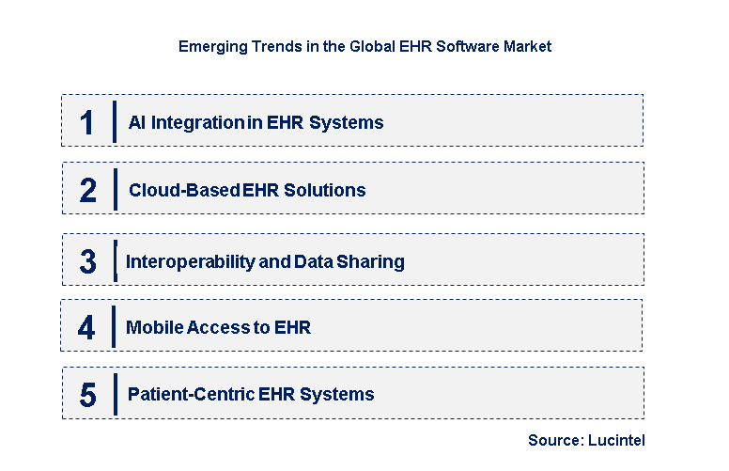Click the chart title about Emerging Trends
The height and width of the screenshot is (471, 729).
tap(364, 45)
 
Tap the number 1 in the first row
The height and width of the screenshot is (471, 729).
tap(87, 123)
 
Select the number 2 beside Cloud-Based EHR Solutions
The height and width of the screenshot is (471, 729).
tap(88, 191)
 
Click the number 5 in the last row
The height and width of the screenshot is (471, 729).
tap(87, 395)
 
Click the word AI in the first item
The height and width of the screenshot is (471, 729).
tap(137, 122)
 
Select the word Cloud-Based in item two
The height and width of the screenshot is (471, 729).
tap(184, 190)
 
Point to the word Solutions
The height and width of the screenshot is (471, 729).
tap(330, 190)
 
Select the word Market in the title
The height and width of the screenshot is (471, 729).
tap(527, 45)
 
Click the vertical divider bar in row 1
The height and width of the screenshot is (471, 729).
tap(114, 122)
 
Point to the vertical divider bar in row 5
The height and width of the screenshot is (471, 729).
tap(114, 393)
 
